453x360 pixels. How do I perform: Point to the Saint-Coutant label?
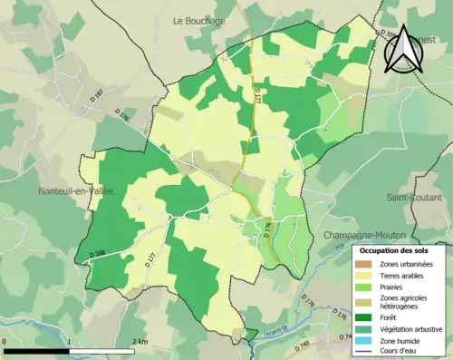pos(414,197)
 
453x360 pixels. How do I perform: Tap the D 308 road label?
pos(99,253)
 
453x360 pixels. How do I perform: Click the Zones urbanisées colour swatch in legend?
pos(365,263)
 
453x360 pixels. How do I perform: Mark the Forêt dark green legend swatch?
pos(365,317)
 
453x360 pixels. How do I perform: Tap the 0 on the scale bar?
pos(5,342)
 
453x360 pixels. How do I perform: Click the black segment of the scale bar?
pos(37,351)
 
